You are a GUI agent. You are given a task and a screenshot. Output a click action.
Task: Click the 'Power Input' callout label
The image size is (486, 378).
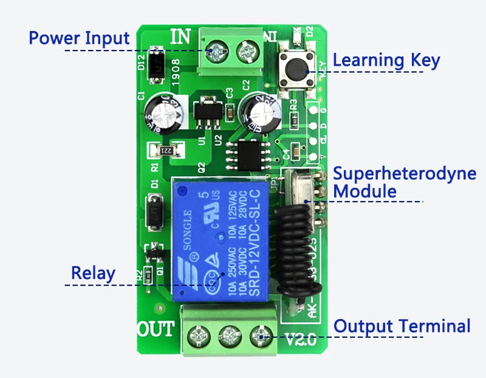[79, 38]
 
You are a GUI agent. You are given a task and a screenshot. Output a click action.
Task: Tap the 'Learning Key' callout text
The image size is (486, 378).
[386, 60]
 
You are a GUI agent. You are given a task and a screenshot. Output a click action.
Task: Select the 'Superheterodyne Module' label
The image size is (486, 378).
[405, 182]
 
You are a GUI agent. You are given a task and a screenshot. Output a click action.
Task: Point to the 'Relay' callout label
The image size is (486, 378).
[92, 273]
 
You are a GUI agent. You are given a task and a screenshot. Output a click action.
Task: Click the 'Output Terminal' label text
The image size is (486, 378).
[402, 326]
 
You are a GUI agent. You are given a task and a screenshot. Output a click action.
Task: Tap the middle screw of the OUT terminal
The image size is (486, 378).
[230, 335]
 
